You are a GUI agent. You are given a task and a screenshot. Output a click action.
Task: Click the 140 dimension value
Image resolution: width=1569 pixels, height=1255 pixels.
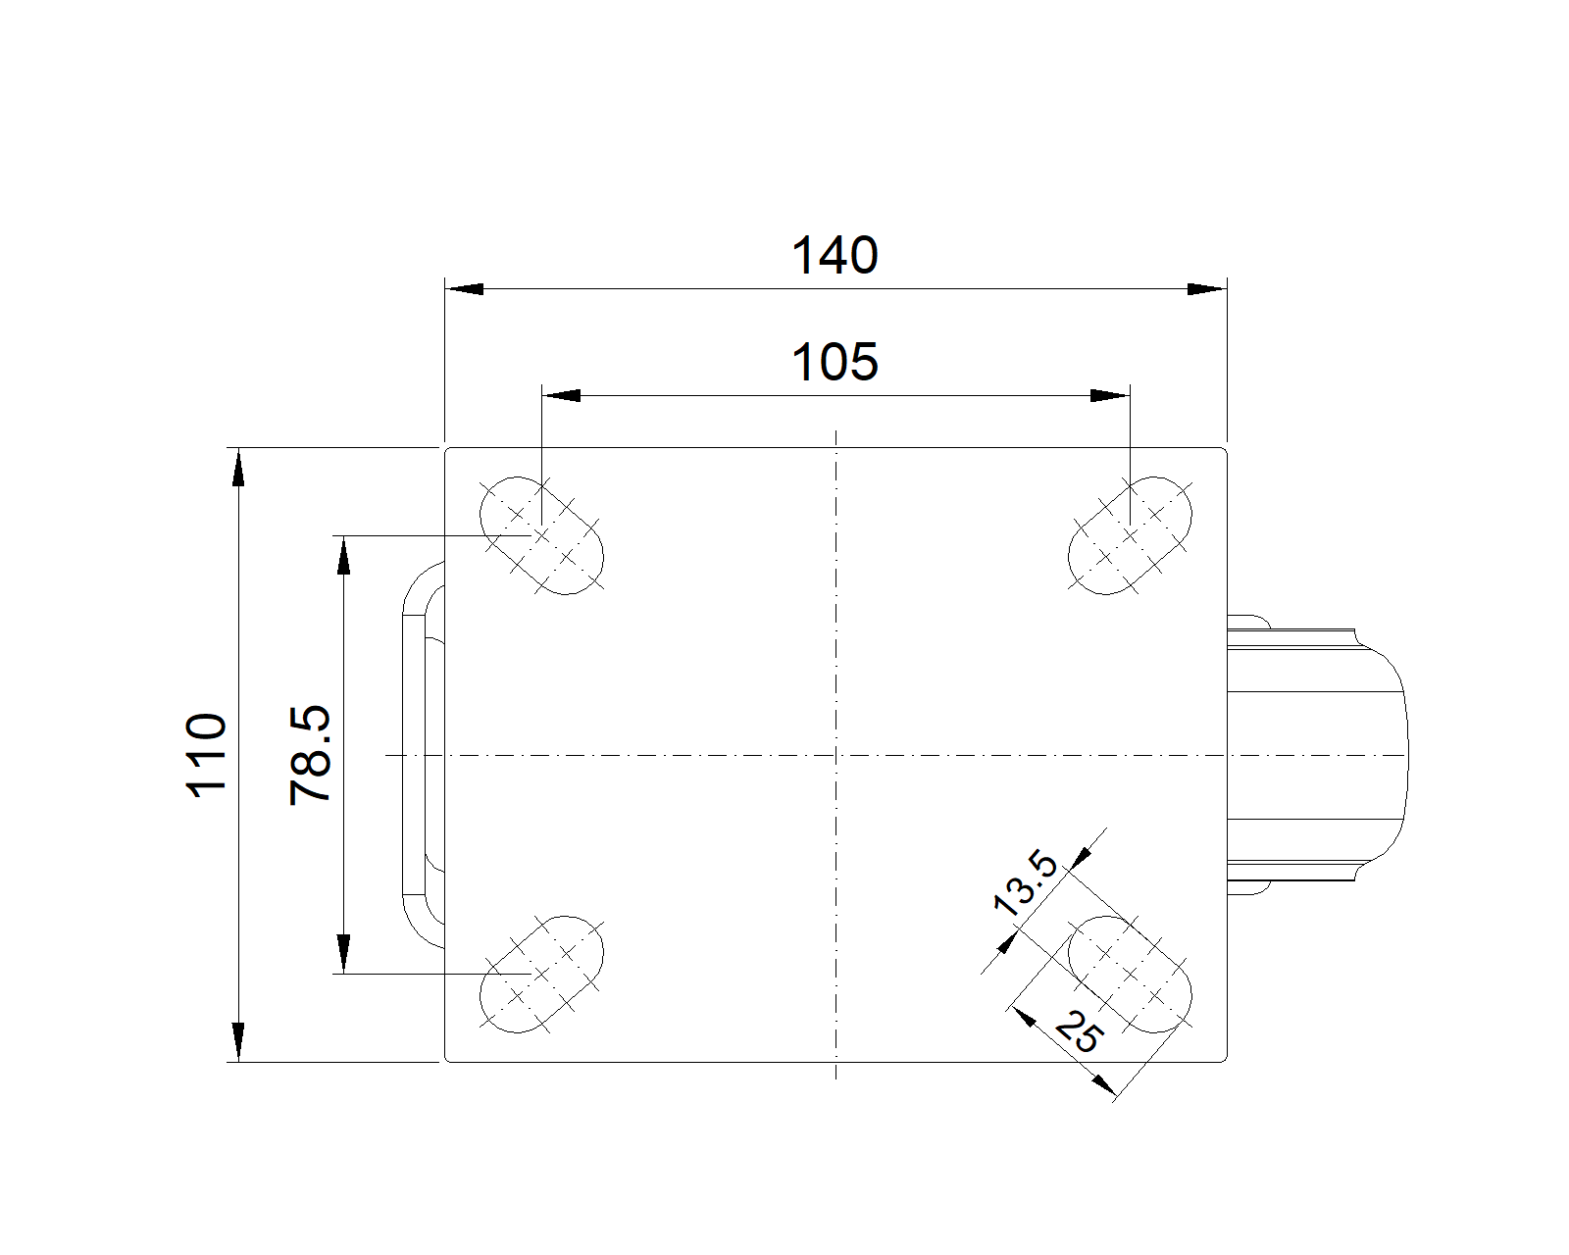pyautogui.click(x=835, y=256)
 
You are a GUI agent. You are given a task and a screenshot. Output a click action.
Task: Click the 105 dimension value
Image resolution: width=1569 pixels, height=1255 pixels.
pyautogui.click(x=835, y=363)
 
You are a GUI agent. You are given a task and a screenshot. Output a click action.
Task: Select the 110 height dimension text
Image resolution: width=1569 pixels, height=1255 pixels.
pyautogui.click(x=207, y=756)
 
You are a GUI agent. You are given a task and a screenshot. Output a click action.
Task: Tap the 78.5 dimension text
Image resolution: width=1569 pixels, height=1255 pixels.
pyautogui.click(x=311, y=756)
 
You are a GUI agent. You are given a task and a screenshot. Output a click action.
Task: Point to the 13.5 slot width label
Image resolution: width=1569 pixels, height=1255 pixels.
pyautogui.click(x=1025, y=883)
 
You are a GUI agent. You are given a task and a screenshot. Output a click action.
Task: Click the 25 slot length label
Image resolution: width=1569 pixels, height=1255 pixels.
pyautogui.click(x=1080, y=1031)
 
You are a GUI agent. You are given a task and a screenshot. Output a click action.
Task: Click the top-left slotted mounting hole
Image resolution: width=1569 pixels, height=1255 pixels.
pyautogui.click(x=541, y=536)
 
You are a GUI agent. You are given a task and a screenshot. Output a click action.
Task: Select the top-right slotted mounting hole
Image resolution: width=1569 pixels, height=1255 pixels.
pyautogui.click(x=1130, y=536)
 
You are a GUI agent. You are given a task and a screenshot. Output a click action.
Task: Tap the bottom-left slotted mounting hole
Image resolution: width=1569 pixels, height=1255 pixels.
pyautogui.click(x=541, y=974)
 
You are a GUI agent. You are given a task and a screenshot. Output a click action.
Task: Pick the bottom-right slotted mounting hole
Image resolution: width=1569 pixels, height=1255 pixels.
pyautogui.click(x=1130, y=974)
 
